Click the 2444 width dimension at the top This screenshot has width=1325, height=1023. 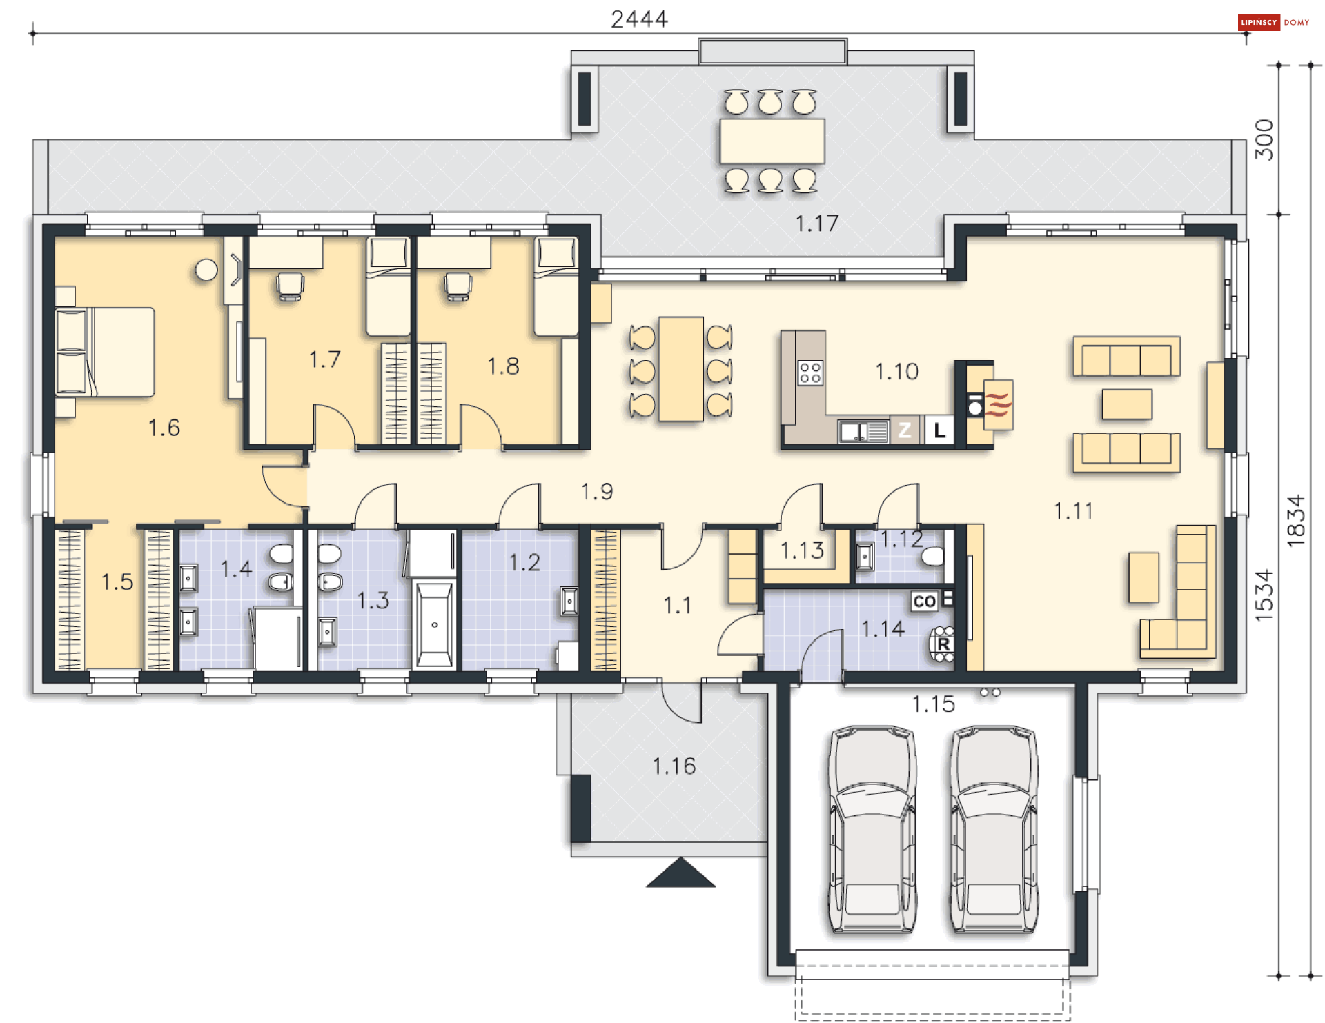639,19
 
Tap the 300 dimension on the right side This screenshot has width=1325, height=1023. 1264,139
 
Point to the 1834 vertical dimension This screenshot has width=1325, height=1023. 1296,521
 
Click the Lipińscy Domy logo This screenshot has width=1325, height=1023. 1273,22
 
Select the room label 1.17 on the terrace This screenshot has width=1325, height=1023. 816,224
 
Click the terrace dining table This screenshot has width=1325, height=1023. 772,141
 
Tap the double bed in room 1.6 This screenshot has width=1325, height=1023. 105,352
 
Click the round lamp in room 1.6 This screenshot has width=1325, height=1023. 206,270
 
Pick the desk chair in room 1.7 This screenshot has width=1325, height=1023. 290,286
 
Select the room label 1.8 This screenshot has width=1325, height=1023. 503,366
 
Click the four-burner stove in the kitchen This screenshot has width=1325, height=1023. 810,373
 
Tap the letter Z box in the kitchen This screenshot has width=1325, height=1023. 905,430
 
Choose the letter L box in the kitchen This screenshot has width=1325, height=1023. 939,430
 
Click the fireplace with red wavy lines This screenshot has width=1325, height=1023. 998,404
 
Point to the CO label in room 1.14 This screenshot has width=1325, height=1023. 924,602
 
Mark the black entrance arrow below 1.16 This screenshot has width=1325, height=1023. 680,872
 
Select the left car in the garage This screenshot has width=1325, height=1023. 872,828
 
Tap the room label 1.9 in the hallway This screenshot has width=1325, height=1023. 596,492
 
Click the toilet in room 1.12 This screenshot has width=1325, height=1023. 932,556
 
